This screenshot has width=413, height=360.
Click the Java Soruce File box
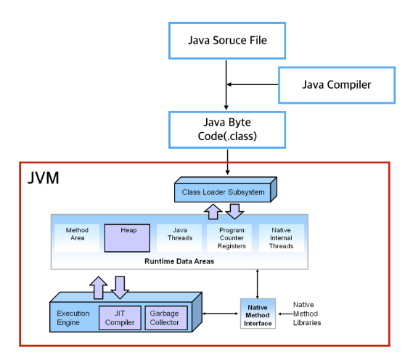226,40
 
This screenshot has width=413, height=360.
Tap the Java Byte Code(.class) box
226,128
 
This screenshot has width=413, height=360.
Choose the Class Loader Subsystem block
224,192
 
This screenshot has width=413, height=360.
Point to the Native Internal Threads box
281,238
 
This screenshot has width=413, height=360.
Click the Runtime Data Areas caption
179,261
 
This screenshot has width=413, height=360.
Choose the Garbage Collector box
164,317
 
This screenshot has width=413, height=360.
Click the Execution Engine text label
73,318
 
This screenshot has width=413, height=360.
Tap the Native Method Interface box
258,314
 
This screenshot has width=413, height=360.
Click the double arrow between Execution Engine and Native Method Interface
221,314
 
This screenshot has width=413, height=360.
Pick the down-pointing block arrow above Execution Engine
120,285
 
